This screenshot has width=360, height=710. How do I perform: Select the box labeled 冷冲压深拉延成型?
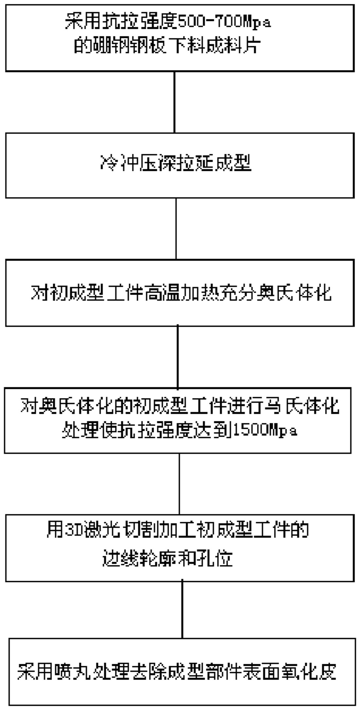pos(180,165)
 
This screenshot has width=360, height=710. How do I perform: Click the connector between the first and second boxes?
pos(174,102)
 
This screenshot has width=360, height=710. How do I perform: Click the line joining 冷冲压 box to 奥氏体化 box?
pos(176,229)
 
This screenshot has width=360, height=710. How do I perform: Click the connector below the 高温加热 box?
pos(178,357)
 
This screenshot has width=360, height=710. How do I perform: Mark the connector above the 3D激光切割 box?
pos(179,484)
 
